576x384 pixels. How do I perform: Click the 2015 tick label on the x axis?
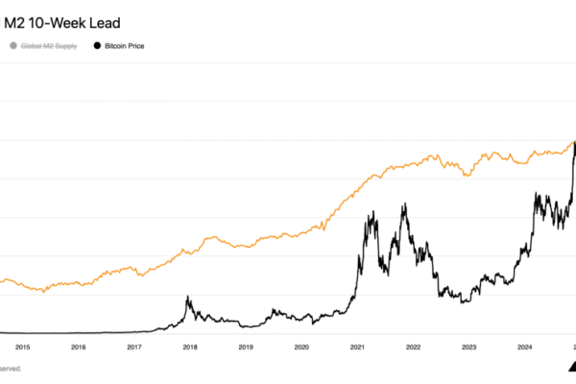point(23,348)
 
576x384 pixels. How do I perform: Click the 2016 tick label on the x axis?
point(79,348)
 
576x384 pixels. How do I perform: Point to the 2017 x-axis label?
point(134,348)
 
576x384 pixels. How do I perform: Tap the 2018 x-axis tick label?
point(190,348)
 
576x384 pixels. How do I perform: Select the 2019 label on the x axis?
point(246,348)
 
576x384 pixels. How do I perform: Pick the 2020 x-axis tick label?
point(301,348)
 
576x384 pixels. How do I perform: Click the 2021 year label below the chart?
point(357,348)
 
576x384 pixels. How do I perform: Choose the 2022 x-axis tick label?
point(413,348)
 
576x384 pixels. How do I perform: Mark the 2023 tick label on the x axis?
point(468,348)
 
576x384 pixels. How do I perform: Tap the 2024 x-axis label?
point(524,348)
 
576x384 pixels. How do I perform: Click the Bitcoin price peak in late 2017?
point(187,297)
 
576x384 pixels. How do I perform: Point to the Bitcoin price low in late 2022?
point(464,302)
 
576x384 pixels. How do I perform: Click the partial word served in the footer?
point(11,368)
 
